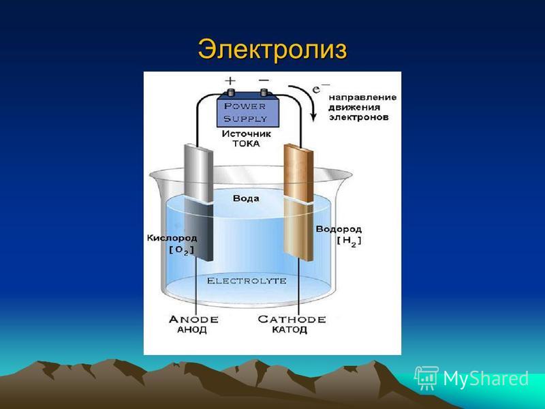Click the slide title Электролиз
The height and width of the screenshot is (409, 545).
click(x=272, y=49)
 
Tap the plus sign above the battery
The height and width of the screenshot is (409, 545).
click(x=230, y=81)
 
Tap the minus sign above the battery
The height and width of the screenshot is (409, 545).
click(x=264, y=80)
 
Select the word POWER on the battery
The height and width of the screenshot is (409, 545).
click(x=245, y=106)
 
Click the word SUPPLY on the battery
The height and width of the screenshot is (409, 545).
click(x=245, y=119)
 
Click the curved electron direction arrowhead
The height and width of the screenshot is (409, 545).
click(x=313, y=117)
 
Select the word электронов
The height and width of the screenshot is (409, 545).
click(x=359, y=117)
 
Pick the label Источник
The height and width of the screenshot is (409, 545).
click(x=247, y=134)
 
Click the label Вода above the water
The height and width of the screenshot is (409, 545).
click(x=246, y=198)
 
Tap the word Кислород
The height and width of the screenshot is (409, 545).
click(x=172, y=238)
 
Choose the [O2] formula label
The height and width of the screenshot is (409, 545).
click(x=181, y=250)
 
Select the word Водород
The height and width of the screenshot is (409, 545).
click(x=339, y=230)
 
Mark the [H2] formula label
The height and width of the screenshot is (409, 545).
click(x=349, y=241)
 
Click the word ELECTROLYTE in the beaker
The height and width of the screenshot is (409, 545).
click(x=247, y=281)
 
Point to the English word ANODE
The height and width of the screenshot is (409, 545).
click(x=193, y=319)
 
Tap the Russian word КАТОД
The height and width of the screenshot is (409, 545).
click(x=290, y=330)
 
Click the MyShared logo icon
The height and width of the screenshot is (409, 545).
click(x=426, y=378)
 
